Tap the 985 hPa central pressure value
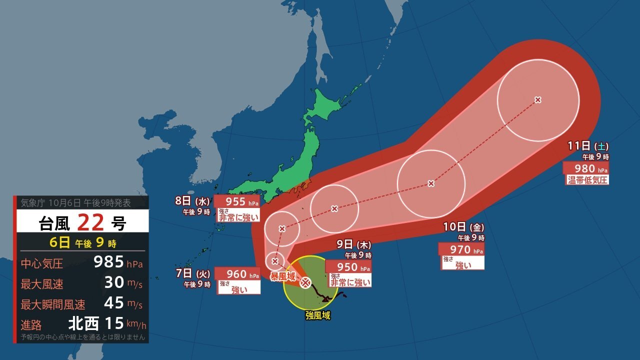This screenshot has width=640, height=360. (x=108, y=261)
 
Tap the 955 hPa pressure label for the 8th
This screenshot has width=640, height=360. (x=237, y=201)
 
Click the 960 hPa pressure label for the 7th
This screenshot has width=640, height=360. (x=237, y=273)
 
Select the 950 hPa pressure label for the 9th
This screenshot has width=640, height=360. (x=348, y=266)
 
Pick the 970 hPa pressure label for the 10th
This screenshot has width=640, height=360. (x=460, y=249)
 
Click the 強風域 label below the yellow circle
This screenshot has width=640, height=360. (x=318, y=315)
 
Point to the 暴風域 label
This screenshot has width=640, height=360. (x=283, y=276)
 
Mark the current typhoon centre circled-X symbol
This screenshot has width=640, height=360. (x=305, y=283)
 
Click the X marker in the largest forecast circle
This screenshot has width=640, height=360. (x=538, y=100)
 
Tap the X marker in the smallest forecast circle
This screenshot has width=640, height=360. (x=275, y=261)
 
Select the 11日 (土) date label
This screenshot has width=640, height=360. (x=588, y=146)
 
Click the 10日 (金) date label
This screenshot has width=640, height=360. (x=463, y=227)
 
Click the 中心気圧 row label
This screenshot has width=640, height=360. (x=42, y=263)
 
